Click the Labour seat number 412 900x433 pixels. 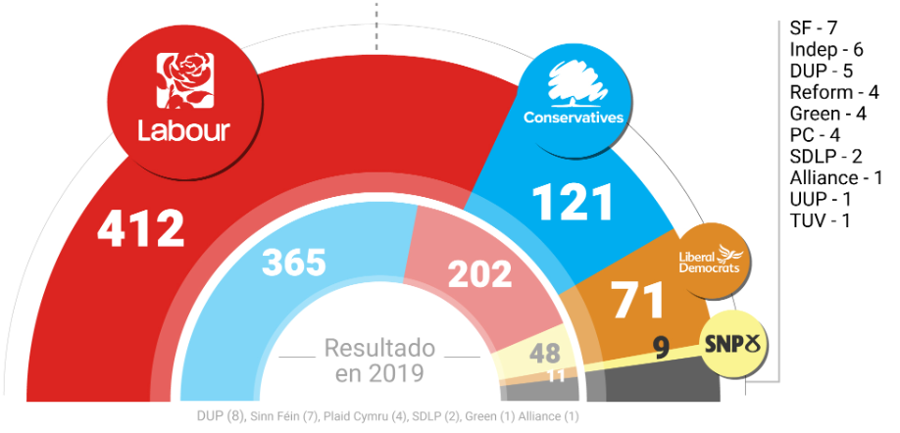[141, 228]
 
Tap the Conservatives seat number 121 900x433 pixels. [574, 203]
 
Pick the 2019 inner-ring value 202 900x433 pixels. [480, 275]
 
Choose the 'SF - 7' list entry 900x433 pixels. [813, 27]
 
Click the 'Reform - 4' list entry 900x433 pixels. [833, 92]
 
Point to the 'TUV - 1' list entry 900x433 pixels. [819, 221]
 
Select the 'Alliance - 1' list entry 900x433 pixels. [835, 178]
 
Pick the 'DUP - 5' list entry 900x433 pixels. [821, 71]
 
